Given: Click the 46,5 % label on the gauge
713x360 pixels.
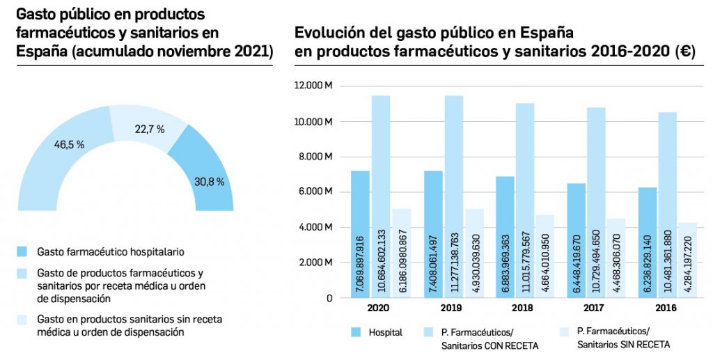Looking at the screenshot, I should pos(69,145).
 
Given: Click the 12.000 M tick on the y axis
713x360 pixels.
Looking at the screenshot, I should pos(314,86).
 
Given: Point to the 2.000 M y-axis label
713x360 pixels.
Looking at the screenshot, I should pos(317,263).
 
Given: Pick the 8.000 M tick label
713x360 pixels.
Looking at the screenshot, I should pos(317,157).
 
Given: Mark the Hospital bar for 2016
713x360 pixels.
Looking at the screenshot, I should pos(647,242).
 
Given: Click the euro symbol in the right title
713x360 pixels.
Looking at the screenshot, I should pos(684,52).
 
